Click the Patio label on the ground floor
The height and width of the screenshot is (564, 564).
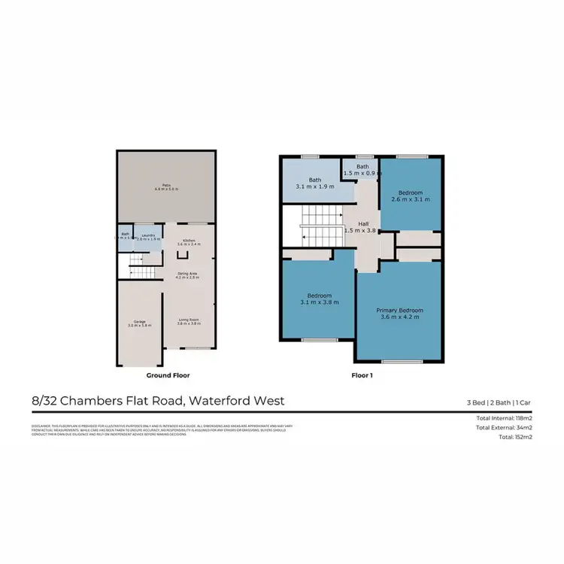(166, 184)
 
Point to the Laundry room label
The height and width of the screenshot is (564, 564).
(148, 235)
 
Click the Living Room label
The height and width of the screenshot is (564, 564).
(189, 320)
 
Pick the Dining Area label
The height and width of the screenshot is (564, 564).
(187, 274)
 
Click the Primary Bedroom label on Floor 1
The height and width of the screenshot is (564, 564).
(399, 311)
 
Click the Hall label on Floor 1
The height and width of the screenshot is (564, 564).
(363, 224)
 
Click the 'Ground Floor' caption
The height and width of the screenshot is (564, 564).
(168, 374)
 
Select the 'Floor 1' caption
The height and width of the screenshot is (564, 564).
(362, 374)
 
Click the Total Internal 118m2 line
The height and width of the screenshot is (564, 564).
(505, 417)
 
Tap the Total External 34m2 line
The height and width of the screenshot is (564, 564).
(505, 427)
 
